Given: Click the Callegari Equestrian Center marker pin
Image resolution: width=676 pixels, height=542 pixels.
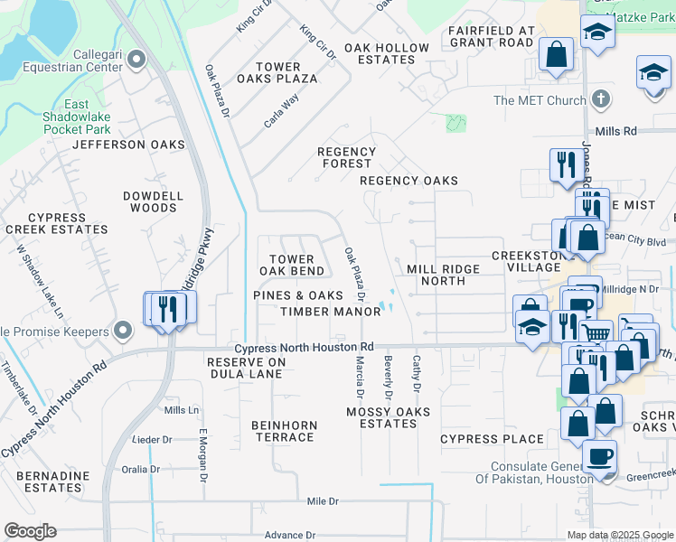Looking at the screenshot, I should pyautogui.click(x=136, y=61).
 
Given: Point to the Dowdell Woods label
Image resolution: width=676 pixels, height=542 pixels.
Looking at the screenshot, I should pyautogui.click(x=153, y=201).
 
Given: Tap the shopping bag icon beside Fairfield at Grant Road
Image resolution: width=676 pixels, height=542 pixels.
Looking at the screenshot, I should pyautogui.click(x=557, y=53).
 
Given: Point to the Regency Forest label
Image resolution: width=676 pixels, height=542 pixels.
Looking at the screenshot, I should pyautogui.click(x=347, y=158).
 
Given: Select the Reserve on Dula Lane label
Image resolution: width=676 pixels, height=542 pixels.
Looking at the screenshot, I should pyautogui.click(x=234, y=368).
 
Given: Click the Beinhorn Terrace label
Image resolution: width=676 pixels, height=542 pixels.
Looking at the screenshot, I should pyautogui.click(x=283, y=431).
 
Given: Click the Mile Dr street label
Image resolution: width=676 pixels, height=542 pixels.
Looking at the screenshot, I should pyautogui.click(x=323, y=500).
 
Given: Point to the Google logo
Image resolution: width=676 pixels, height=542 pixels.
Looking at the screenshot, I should pyautogui.click(x=31, y=531).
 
